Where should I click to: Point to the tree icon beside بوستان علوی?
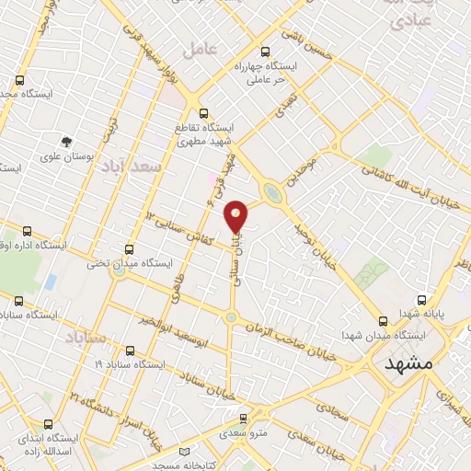click(x=66, y=141)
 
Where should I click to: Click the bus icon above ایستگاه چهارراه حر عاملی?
click(x=266, y=52)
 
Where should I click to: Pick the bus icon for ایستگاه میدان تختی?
click(x=128, y=248)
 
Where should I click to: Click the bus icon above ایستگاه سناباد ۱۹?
click(x=129, y=350)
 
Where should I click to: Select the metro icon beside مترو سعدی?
click(x=232, y=430)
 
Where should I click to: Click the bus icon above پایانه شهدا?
click(x=422, y=299)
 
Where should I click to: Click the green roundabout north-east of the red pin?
click(x=272, y=192)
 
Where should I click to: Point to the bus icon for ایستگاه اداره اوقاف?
click(x=25, y=232)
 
